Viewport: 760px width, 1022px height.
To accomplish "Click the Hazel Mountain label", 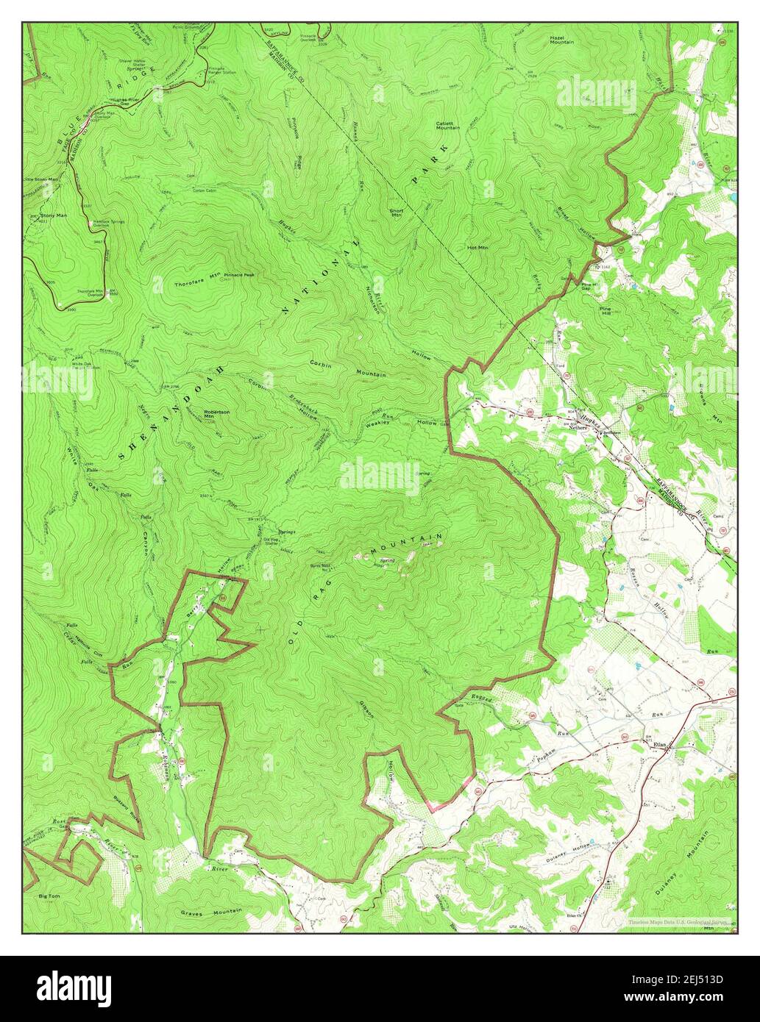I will coord(561,40).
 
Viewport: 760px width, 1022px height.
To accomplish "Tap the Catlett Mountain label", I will coord(447,125).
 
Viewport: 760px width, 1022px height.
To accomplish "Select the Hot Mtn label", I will coord(477,248).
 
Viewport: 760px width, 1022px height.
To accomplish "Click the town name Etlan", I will coord(658,745).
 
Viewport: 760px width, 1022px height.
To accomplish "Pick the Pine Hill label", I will coord(605,310).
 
